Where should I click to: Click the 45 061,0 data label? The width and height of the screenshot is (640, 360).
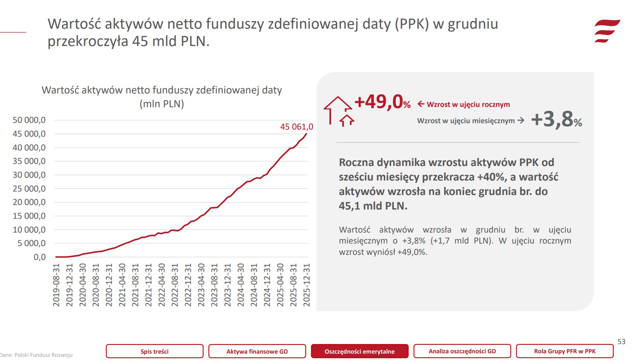pos(296,127)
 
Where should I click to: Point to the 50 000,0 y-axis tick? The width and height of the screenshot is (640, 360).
pos(29,120)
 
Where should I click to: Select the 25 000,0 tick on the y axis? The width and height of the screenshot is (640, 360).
pos(29,189)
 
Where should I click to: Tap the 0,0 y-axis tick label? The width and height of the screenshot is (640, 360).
pos(40,257)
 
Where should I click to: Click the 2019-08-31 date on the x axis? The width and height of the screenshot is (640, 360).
pos(56,285)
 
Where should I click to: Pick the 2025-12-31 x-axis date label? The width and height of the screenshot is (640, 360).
pos(307,285)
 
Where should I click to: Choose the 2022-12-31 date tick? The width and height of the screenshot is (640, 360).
pos(188,285)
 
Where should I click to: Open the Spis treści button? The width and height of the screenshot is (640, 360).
pos(154,351)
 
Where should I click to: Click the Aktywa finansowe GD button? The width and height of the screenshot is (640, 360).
pos(257,351)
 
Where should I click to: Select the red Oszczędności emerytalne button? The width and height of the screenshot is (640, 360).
pos(359,351)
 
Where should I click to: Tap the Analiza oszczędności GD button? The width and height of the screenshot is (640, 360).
pos(462,351)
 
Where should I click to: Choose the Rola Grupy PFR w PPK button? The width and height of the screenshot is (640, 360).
pos(565,351)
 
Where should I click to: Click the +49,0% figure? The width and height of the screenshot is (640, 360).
pos(382,102)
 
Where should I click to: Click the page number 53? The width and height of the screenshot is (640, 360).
pos(621,342)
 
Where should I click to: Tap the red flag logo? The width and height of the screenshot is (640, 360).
pos(607,31)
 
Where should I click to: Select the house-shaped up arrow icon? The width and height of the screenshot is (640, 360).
pos(338,111)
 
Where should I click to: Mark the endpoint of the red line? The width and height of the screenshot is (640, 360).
pos(307,133)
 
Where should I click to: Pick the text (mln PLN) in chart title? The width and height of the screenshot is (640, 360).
pos(162,104)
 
